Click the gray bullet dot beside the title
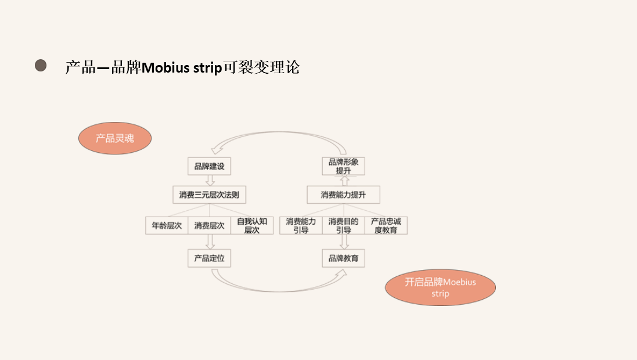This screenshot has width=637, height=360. (41, 66)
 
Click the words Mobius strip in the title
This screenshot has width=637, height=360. (182, 68)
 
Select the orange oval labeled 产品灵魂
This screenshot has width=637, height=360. (115, 138)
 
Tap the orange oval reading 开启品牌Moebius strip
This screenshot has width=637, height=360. (440, 288)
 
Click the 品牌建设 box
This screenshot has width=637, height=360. (209, 167)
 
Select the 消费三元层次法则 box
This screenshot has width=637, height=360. (209, 195)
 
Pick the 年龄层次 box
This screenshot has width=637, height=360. (167, 225)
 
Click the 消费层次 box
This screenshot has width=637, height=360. (209, 225)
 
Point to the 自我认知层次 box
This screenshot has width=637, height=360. (251, 225)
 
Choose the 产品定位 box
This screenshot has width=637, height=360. (209, 258)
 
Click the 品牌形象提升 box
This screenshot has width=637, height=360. (343, 166)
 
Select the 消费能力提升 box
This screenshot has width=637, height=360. (343, 195)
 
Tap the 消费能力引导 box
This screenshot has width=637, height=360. (301, 225)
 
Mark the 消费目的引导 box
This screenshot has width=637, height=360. (343, 225)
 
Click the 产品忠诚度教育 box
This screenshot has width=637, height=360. (386, 225)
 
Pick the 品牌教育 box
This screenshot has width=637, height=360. (343, 258)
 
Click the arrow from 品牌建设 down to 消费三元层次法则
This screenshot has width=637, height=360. (210, 181)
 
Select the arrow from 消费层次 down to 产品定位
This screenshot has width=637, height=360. (210, 242)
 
